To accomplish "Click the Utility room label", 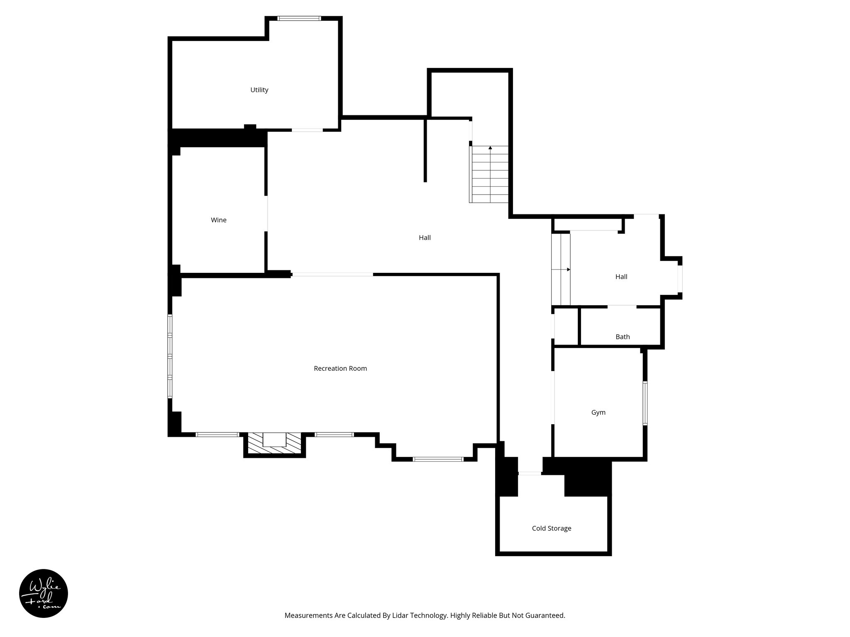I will pyautogui.click(x=259, y=90).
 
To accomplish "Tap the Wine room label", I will pyautogui.click(x=219, y=220).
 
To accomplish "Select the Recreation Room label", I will pyautogui.click(x=340, y=369).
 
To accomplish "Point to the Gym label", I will pyautogui.click(x=598, y=413).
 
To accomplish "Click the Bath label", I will pyautogui.click(x=623, y=337).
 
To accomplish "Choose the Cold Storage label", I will pyautogui.click(x=552, y=528).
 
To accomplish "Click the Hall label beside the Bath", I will pyautogui.click(x=621, y=277).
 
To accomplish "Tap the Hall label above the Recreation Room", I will pyautogui.click(x=425, y=238).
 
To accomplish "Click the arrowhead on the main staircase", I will pyautogui.click(x=490, y=148).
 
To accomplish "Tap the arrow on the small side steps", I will pyautogui.click(x=568, y=270).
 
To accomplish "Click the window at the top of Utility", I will pyautogui.click(x=299, y=18).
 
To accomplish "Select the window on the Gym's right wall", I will pyautogui.click(x=645, y=403).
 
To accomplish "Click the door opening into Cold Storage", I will pyautogui.click(x=530, y=473).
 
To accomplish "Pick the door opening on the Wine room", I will pyautogui.click(x=266, y=214).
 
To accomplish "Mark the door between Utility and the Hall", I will pyautogui.click(x=307, y=130).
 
